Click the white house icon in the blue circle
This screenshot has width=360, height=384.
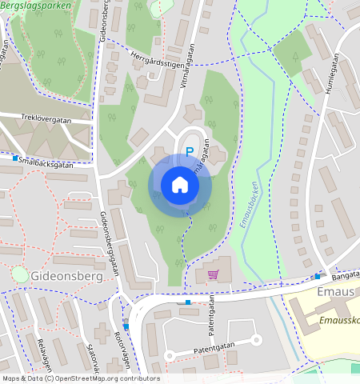tap(180, 185)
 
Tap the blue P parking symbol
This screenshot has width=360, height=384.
tap(190, 150)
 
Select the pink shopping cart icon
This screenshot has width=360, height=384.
tap(213, 274)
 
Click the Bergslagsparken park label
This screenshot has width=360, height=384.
tap(35, 5)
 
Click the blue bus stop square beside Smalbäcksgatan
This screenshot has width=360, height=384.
tap(15, 158)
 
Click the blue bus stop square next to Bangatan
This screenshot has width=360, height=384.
tap(317, 276)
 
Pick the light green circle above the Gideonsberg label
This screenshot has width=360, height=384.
tap(19, 274)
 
